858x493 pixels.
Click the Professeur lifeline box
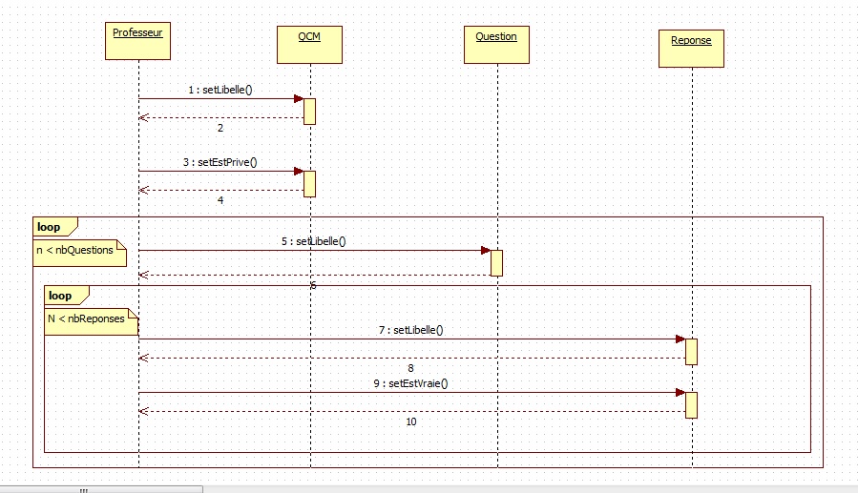(137, 40)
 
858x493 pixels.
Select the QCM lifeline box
(309, 44)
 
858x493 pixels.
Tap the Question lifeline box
(496, 44)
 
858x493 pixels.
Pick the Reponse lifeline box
(691, 48)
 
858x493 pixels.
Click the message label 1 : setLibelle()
(220, 89)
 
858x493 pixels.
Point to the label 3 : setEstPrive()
(220, 162)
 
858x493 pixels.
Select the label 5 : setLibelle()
(313, 241)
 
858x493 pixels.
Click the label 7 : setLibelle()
(410, 330)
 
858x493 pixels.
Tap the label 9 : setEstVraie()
(410, 383)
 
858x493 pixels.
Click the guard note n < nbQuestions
(80, 251)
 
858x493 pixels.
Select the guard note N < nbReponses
(86, 318)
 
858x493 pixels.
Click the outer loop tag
(49, 228)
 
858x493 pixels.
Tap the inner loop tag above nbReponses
(60, 296)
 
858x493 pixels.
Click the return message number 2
(220, 128)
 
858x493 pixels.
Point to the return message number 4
(220, 200)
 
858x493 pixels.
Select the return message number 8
(410, 368)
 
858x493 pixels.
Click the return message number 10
(410, 421)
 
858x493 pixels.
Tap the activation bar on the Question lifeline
(496, 262)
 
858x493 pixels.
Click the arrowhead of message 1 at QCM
(298, 98)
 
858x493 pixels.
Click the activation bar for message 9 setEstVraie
(691, 404)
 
